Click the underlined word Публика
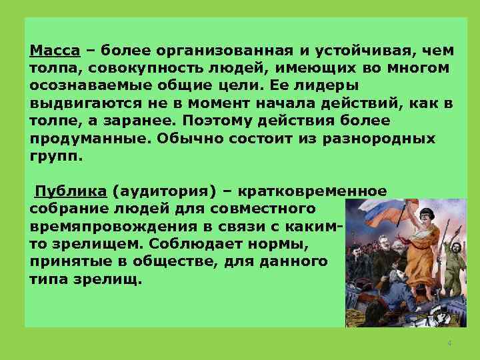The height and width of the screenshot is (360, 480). tap(71, 191)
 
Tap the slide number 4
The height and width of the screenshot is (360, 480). tap(449, 343)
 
